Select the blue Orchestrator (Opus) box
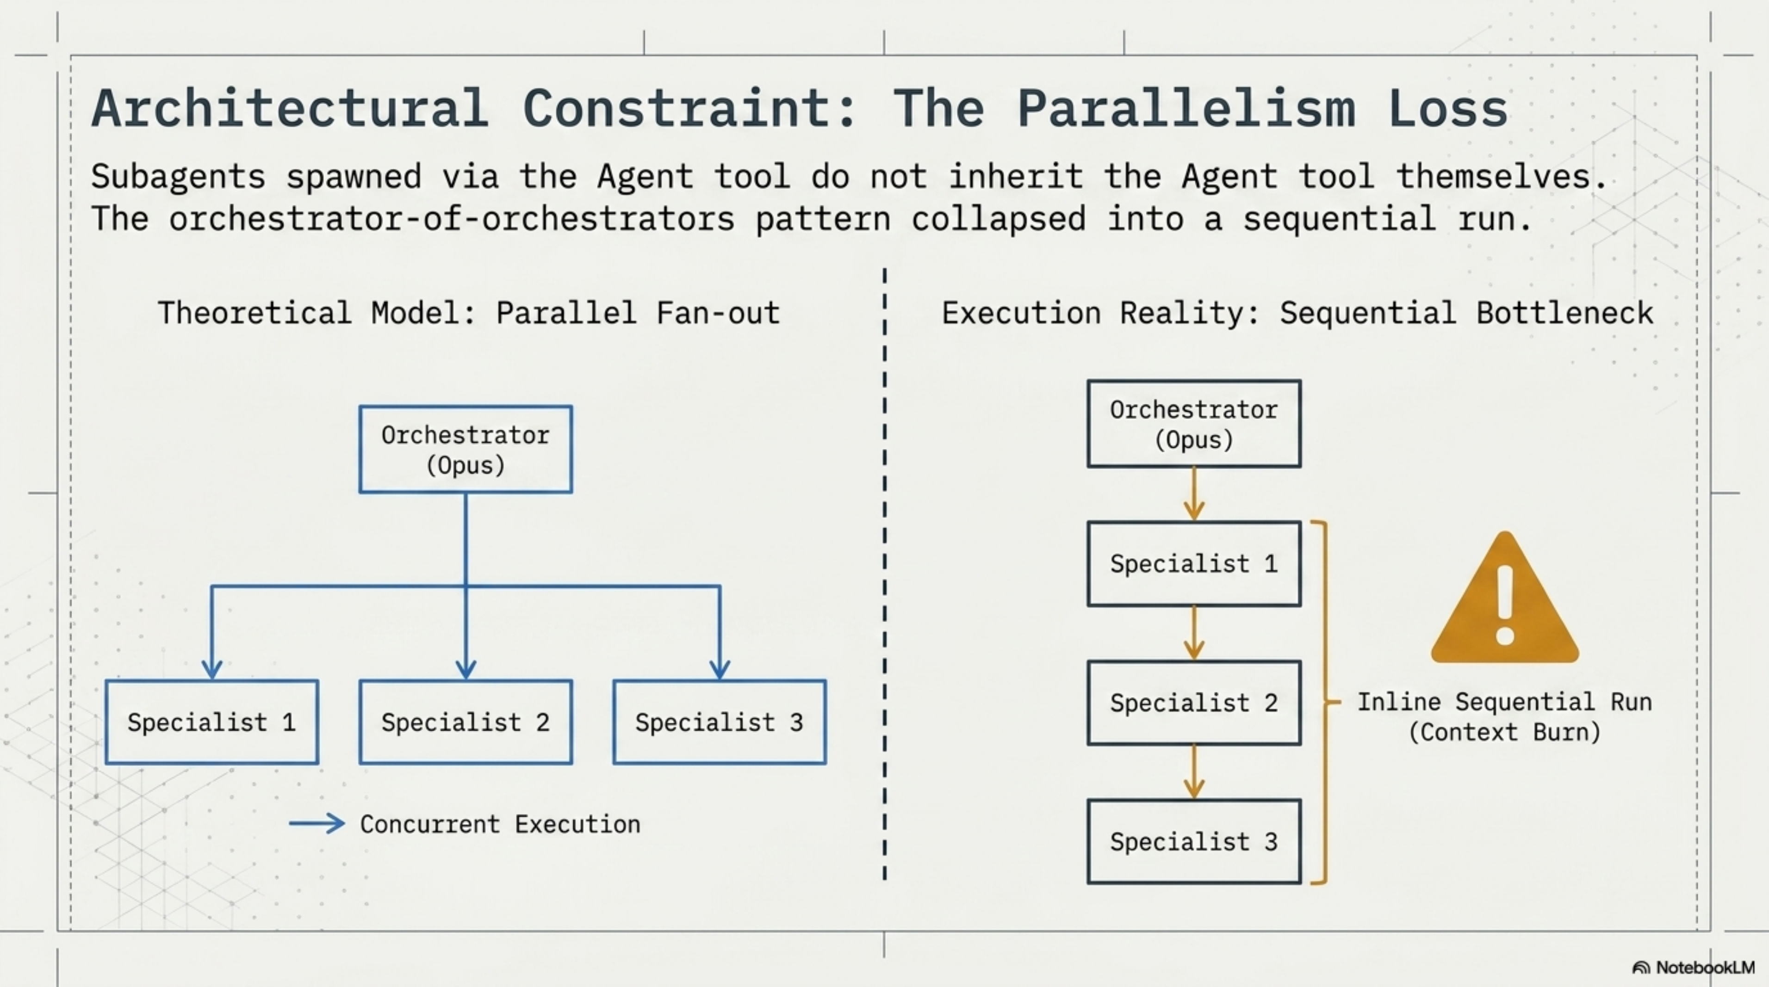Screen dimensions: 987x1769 pyautogui.click(x=466, y=450)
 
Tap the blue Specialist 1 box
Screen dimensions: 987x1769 pyautogui.click(x=211, y=722)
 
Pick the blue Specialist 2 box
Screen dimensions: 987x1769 pyautogui.click(x=466, y=722)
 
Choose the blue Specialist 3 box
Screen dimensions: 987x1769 pyautogui.click(x=719, y=722)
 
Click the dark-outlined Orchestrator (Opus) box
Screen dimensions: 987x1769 pyautogui.click(x=1193, y=424)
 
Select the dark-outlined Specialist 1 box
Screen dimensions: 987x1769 pyautogui.click(x=1193, y=563)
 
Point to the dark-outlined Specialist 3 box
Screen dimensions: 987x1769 pyautogui.click(x=1193, y=841)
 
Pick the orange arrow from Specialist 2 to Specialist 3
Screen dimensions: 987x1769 pyautogui.click(x=1193, y=773)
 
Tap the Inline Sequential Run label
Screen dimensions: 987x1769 pyautogui.click(x=1504, y=702)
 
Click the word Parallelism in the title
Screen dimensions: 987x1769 pyautogui.click(x=1186, y=108)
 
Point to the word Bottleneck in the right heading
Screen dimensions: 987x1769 pyautogui.click(x=1564, y=313)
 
